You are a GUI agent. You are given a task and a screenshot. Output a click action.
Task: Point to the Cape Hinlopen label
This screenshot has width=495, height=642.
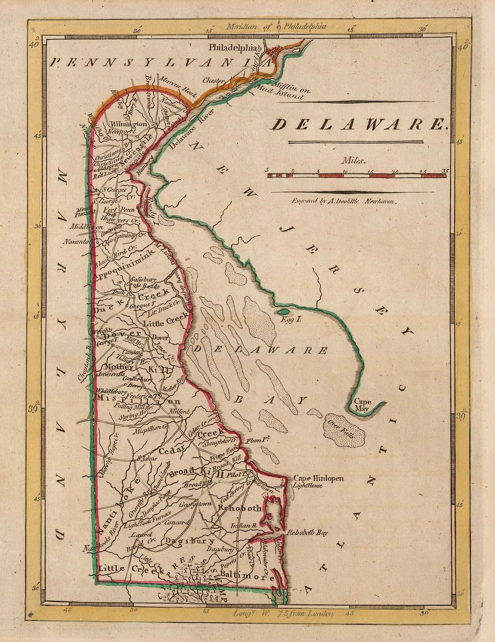click(x=318, y=478)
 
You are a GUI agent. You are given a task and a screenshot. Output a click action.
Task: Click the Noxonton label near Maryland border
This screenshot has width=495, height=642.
click(x=77, y=242)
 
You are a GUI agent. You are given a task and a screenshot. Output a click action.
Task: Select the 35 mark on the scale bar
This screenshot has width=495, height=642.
click(x=445, y=171)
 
